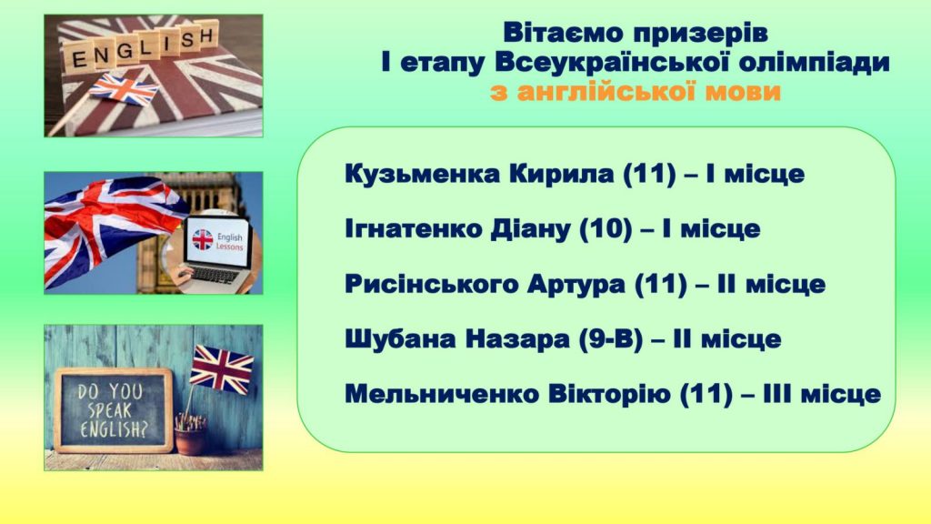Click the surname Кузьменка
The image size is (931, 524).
click(x=422, y=174)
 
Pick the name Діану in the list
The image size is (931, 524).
click(x=530, y=229)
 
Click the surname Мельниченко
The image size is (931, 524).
click(x=441, y=394)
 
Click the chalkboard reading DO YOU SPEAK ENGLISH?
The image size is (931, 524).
click(x=113, y=410)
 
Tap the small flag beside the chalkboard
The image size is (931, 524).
click(x=222, y=368)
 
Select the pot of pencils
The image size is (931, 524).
click(x=191, y=433)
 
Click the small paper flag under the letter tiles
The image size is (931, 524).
click(x=124, y=89)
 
